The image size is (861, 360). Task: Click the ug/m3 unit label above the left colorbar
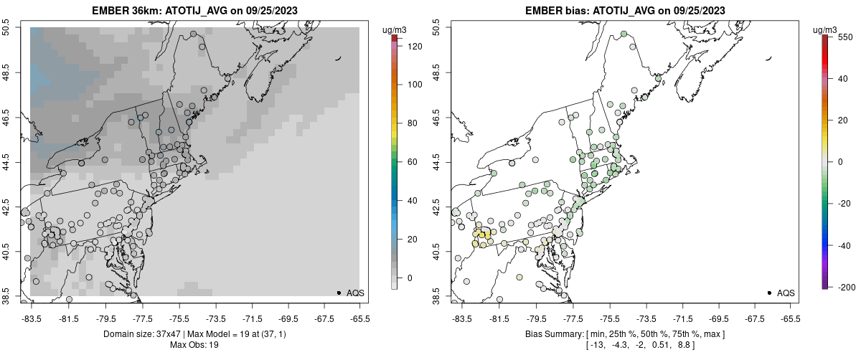[x=395, y=29]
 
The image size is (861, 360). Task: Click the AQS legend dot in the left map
[x=339, y=293]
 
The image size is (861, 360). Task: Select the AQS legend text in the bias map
[x=786, y=293]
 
